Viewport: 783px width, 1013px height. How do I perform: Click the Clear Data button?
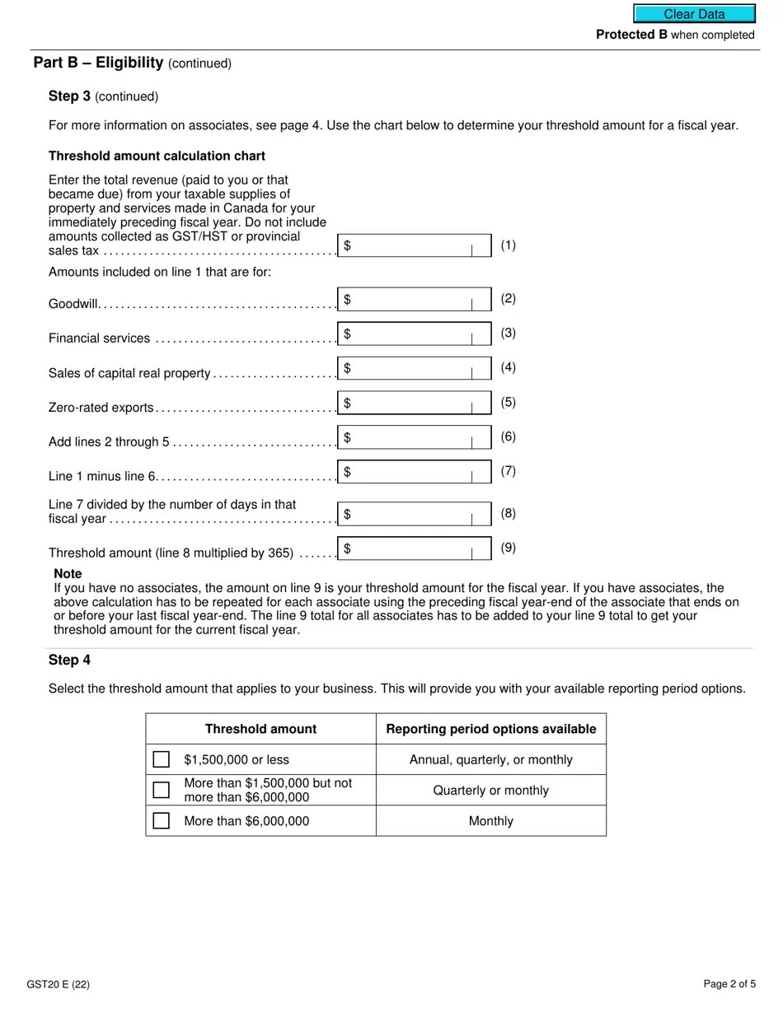pos(694,14)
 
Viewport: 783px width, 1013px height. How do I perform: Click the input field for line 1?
pos(414,245)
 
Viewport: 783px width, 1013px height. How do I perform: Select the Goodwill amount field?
pos(414,300)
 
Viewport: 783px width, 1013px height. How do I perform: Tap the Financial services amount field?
pos(414,334)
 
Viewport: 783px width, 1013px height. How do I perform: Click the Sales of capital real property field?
pos(414,368)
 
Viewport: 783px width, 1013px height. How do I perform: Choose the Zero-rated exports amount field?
pos(414,403)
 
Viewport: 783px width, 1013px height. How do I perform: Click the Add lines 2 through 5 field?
pos(414,437)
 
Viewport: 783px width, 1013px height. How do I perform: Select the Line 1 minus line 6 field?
pos(414,472)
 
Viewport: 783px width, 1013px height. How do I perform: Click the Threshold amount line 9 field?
pos(414,549)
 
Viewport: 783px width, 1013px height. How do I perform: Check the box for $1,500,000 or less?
pos(162,759)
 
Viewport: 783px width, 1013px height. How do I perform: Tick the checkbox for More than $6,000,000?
pos(162,821)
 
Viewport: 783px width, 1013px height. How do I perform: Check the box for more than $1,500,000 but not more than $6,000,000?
pos(162,790)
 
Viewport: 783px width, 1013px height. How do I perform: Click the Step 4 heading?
pos(69,660)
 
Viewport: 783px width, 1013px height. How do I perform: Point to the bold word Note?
pos(68,573)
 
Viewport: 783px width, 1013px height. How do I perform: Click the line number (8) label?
pos(509,513)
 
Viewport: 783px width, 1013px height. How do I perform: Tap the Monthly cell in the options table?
pos(490,821)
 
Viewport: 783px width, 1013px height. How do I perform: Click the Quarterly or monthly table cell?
pos(490,791)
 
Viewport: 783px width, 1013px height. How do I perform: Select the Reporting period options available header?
pos(490,729)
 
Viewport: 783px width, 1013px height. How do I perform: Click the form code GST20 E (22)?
pos(58,984)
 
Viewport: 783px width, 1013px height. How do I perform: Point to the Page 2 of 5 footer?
pos(729,984)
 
